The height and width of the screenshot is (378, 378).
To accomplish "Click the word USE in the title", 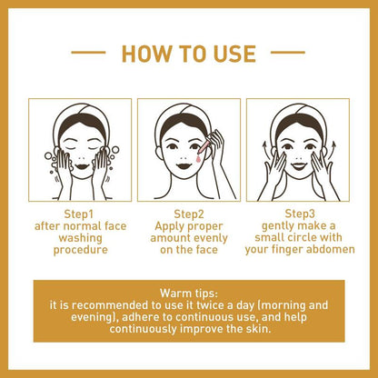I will (x=229, y=55).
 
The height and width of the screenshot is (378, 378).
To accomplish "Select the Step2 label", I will (x=188, y=214).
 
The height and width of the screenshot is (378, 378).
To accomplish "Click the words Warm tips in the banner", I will (x=188, y=293).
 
